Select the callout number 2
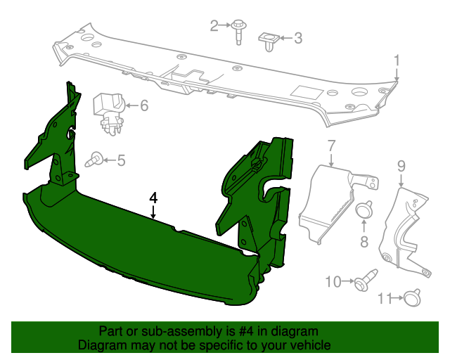click(x=214, y=26)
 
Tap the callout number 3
click(x=298, y=38)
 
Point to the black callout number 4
click(x=153, y=198)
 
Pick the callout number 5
click(x=121, y=161)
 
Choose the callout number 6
click(x=144, y=106)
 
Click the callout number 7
click(x=331, y=147)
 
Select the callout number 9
click(x=401, y=166)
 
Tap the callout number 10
click(x=333, y=282)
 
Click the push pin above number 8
click(x=364, y=210)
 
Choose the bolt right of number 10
click(x=364, y=283)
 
